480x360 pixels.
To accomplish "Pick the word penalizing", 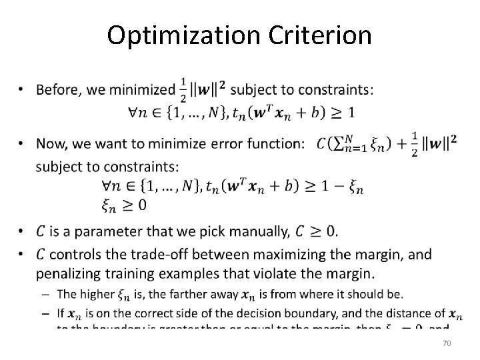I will [68, 273].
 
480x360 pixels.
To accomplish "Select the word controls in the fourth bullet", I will [74, 254].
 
